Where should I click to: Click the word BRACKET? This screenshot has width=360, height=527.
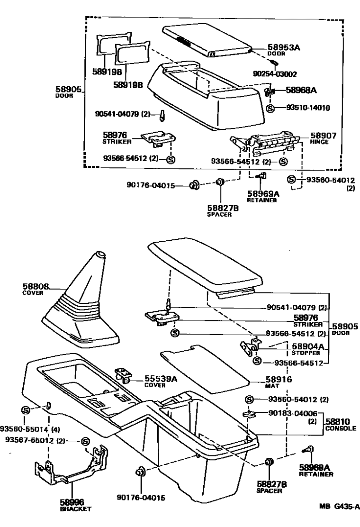pos(76,509)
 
